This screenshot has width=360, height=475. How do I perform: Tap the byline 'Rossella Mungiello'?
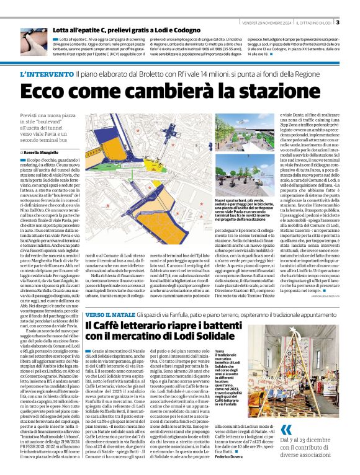coord(42,151)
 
